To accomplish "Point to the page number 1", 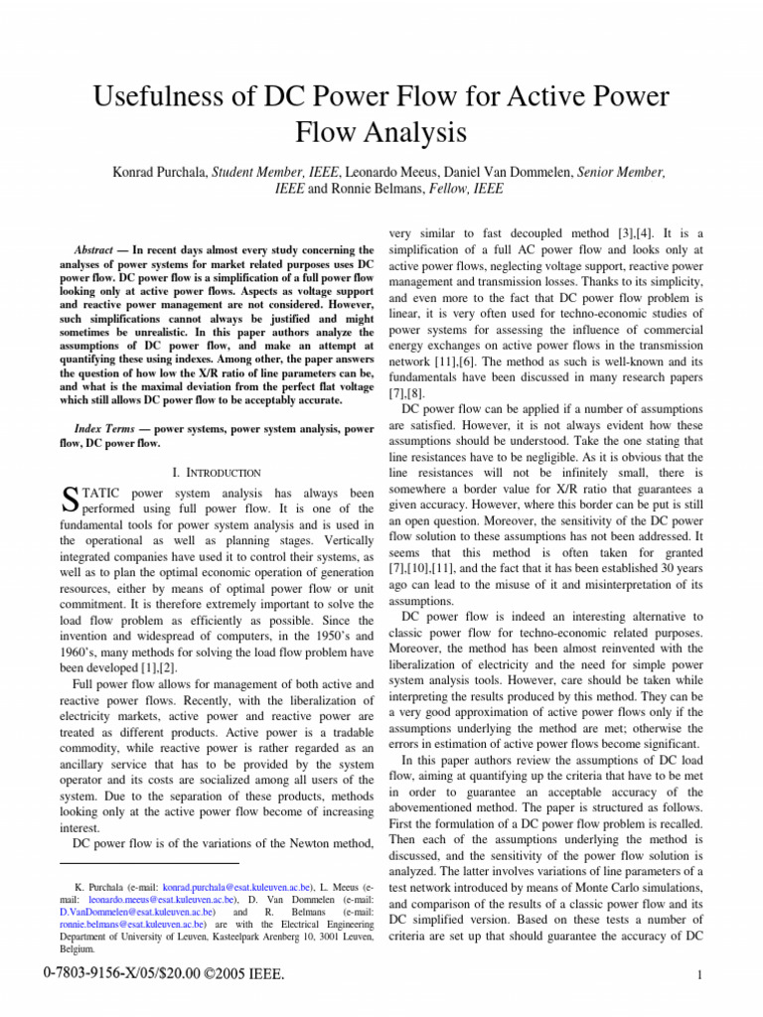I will click(x=701, y=974).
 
